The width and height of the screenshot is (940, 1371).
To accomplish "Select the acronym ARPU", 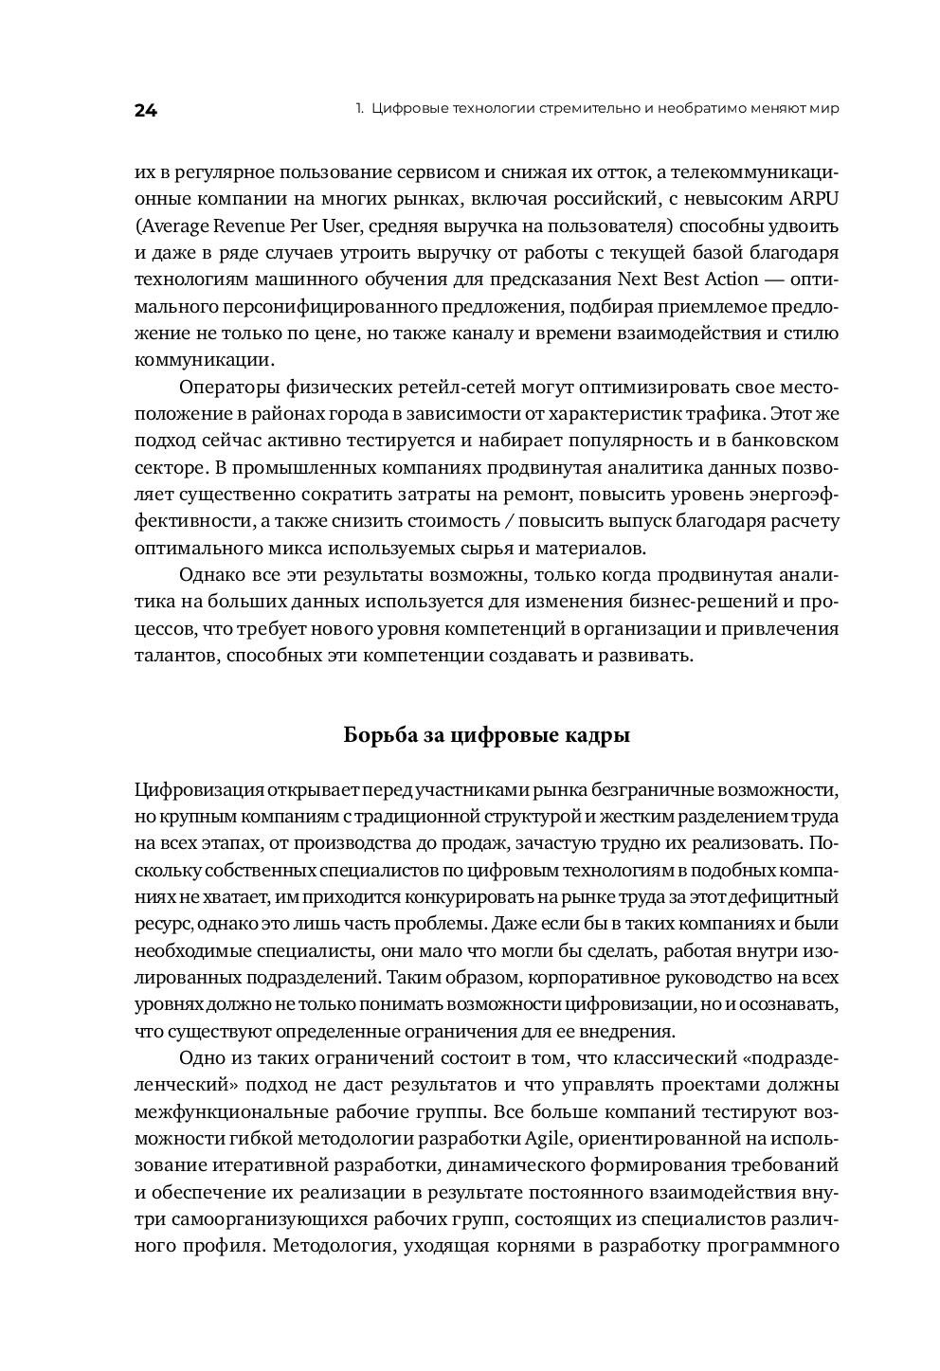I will [x=815, y=199].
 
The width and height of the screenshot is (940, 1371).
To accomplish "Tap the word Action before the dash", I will [x=730, y=280].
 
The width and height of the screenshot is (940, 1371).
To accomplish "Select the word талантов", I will [x=177, y=656].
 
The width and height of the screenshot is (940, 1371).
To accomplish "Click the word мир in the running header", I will [x=824, y=109].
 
